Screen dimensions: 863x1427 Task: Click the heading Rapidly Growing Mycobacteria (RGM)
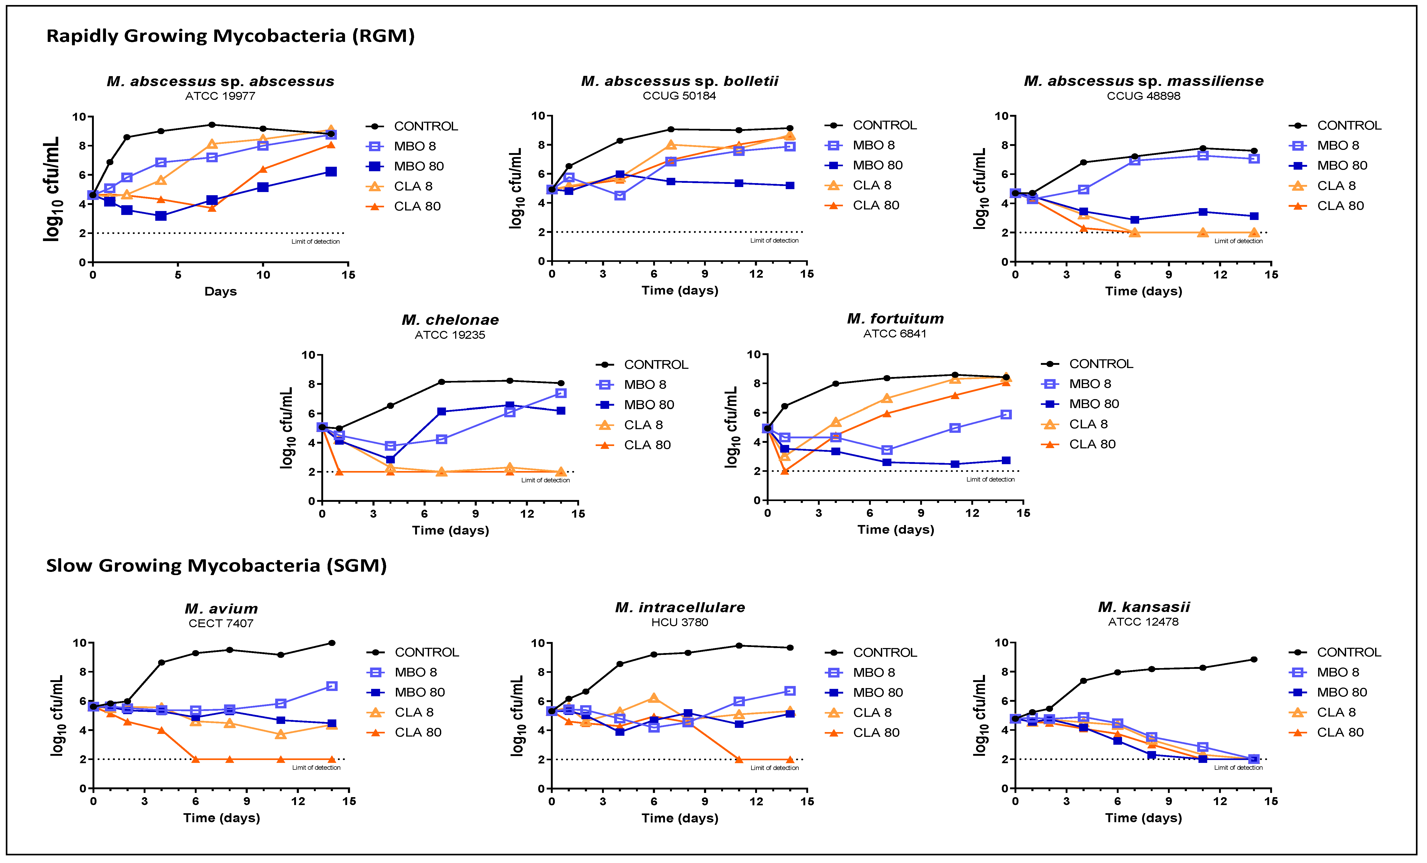click(x=231, y=36)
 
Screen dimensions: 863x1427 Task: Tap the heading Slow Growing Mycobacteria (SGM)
click(x=217, y=566)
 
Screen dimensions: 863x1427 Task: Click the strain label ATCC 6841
click(x=895, y=334)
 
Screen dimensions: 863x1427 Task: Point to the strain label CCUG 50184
click(x=679, y=96)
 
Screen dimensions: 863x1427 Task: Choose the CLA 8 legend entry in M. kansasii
click(x=1336, y=713)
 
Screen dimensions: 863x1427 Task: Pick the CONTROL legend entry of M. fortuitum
click(x=1100, y=364)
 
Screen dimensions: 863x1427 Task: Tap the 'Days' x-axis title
click(x=221, y=291)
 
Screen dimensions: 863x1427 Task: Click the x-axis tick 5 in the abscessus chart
click(x=178, y=275)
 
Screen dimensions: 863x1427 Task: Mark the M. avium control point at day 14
click(x=332, y=643)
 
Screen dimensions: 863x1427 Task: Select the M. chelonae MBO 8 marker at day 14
click(x=561, y=394)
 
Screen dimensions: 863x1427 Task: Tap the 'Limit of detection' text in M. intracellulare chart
click(x=774, y=768)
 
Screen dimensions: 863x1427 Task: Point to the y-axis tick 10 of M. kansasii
click(x=1001, y=643)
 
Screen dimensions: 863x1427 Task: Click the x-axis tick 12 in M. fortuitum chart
click(x=972, y=513)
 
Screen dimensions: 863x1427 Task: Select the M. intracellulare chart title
click(x=680, y=607)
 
